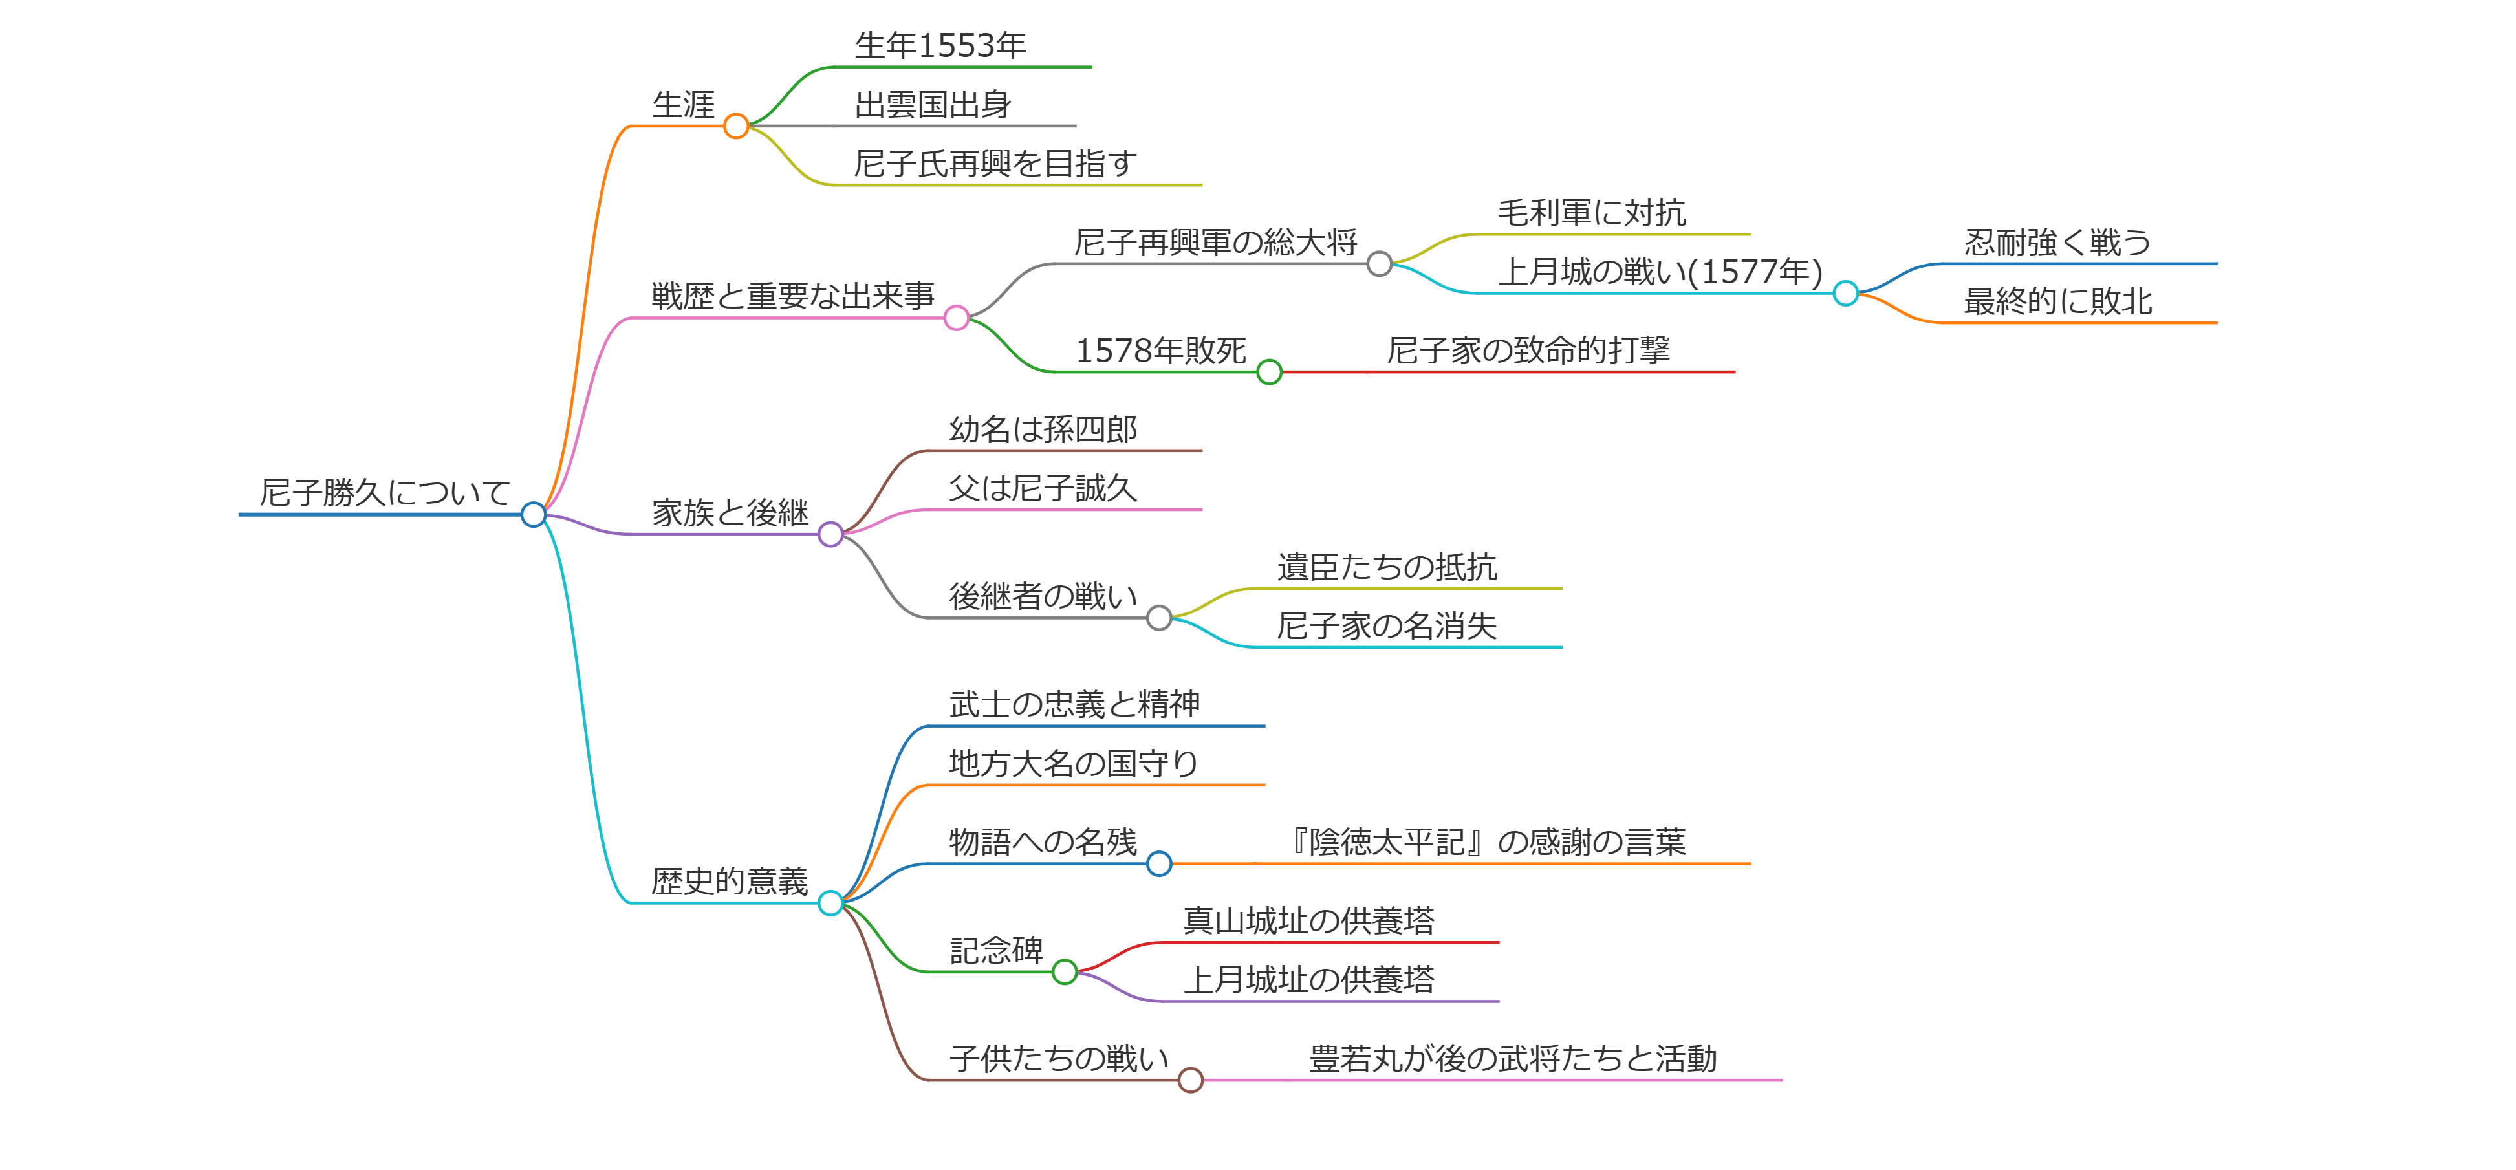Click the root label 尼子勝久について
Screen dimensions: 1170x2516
(x=385, y=492)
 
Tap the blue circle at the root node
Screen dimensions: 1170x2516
(x=534, y=515)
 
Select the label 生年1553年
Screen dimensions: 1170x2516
(x=940, y=45)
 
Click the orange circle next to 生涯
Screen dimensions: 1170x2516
(x=737, y=126)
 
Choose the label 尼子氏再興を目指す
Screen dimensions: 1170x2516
(x=995, y=163)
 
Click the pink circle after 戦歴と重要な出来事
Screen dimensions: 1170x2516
(x=956, y=318)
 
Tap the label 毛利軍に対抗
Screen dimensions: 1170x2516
(x=1592, y=212)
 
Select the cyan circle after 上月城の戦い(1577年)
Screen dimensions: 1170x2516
(x=1845, y=293)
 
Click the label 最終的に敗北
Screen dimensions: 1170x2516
(x=2058, y=301)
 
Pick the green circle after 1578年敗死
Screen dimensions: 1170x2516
(x=1269, y=372)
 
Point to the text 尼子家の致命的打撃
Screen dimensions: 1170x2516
(x=1528, y=350)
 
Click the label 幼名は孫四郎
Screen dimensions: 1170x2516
(x=1043, y=429)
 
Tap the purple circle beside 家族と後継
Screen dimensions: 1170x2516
(x=830, y=534)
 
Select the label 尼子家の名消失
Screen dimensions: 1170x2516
(x=1387, y=626)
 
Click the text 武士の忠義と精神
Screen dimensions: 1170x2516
(x=1074, y=704)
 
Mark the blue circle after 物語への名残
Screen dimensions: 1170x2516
(x=1159, y=863)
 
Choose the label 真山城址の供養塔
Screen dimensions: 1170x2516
(x=1309, y=920)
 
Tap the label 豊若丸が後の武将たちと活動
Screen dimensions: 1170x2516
(x=1513, y=1059)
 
